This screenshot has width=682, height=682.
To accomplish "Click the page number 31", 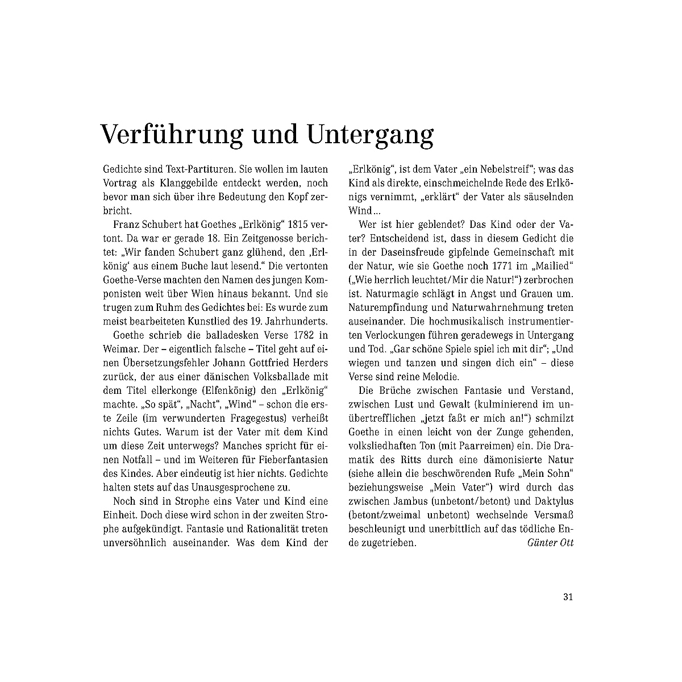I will (568, 597).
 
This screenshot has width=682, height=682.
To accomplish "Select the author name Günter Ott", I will (551, 542).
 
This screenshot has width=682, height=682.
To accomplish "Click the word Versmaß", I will (550, 514).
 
